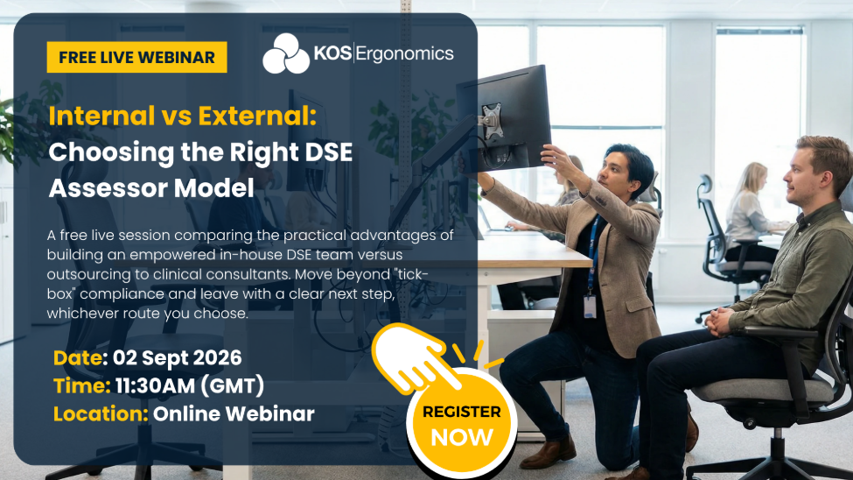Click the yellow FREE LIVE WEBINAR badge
[136, 57]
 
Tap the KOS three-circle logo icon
[286, 54]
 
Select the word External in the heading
[256, 116]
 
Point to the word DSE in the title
[329, 152]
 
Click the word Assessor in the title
[108, 188]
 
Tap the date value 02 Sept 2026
[178, 358]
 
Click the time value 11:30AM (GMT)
[189, 385]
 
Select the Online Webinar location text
[234, 414]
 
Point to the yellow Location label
[101, 414]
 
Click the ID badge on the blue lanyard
[590, 307]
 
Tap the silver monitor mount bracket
[491, 120]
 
